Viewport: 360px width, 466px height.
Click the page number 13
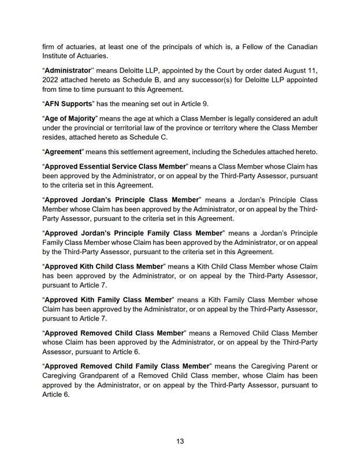tap(180, 442)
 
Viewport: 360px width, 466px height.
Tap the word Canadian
tap(299, 46)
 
